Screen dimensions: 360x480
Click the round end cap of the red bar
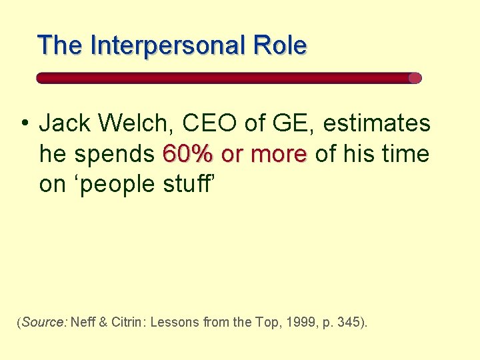pyautogui.click(x=415, y=78)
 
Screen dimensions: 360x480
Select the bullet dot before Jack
pyautogui.click(x=24, y=123)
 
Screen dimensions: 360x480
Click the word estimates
pyautogui.click(x=377, y=123)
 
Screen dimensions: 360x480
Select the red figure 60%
pyautogui.click(x=189, y=154)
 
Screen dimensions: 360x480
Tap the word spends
pyautogui.click(x=114, y=154)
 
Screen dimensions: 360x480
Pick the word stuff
pyautogui.click(x=186, y=183)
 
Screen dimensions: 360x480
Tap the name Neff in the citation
pyautogui.click(x=83, y=323)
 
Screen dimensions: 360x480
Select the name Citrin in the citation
pyautogui.click(x=128, y=323)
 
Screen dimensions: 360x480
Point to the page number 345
pyautogui.click(x=349, y=323)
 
